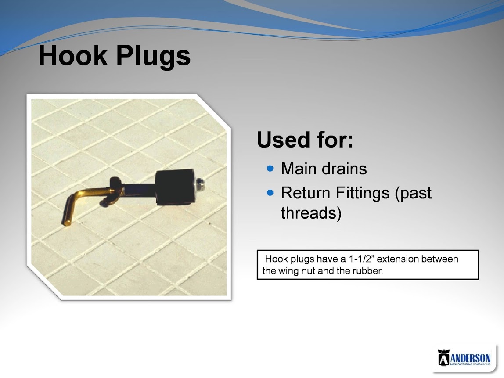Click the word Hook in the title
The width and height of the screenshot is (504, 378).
pyautogui.click(x=72, y=55)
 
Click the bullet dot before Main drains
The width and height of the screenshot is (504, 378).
pyautogui.click(x=270, y=168)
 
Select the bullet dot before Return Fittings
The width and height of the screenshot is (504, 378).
pyautogui.click(x=270, y=193)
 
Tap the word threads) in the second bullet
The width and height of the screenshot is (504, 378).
pyautogui.click(x=311, y=213)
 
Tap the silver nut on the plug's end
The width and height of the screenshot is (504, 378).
pyautogui.click(x=199, y=186)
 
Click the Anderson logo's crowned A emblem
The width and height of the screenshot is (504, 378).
pyautogui.click(x=443, y=358)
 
